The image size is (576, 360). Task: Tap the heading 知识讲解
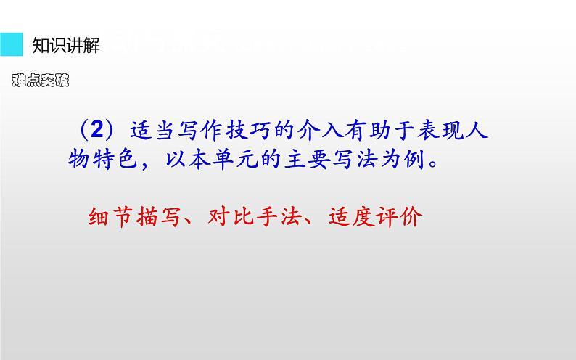click(66, 46)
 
